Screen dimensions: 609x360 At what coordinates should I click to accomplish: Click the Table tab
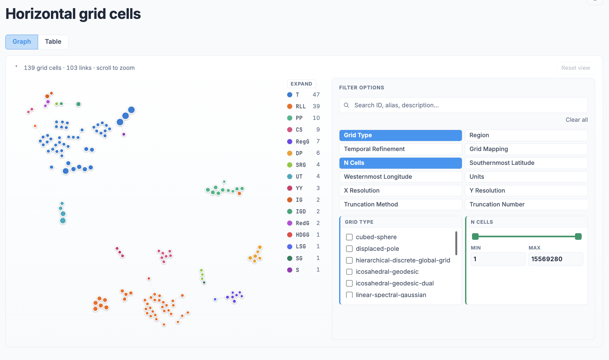53,42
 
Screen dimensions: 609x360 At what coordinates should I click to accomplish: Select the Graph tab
22,42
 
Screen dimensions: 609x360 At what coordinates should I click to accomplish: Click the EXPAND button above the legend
301,84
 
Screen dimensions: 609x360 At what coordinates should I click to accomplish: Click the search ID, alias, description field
463,105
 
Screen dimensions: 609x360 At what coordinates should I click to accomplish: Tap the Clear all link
577,120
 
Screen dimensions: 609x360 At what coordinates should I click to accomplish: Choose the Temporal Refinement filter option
401,149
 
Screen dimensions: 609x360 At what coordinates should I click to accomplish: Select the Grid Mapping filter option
526,149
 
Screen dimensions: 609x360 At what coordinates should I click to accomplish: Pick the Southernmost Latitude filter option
526,163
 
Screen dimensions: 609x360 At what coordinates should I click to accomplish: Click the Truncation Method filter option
401,205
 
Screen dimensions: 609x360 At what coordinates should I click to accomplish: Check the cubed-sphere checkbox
349,237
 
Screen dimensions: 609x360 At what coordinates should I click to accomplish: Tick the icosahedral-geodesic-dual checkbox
349,283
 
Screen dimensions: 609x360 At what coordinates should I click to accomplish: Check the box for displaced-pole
349,249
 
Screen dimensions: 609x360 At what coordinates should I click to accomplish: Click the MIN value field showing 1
498,259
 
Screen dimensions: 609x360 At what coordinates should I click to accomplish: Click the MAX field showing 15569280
556,259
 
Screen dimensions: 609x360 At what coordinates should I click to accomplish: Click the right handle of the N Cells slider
578,236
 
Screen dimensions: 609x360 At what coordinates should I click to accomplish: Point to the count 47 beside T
316,95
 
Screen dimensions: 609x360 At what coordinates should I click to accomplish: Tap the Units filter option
526,177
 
